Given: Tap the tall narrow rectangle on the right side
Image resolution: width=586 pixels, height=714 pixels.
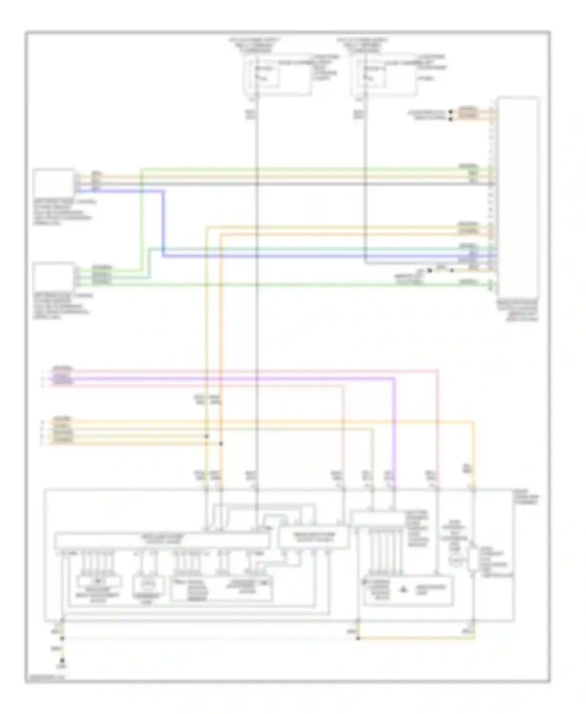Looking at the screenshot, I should [518, 198].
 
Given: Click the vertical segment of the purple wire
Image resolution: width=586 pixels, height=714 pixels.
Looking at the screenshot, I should [395, 430].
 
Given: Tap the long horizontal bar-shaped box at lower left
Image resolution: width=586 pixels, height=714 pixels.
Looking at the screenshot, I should [161, 540].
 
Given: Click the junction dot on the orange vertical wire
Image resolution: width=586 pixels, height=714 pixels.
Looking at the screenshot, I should [221, 444].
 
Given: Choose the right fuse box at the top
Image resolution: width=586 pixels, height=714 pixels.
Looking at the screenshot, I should [384, 74].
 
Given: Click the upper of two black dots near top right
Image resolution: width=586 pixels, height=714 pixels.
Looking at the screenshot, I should [450, 112].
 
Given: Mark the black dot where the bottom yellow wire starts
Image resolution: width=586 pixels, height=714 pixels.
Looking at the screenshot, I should [358, 638].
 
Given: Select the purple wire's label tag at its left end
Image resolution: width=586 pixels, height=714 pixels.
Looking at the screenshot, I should [63, 378].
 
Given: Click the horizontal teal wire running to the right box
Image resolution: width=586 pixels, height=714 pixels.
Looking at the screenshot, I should [320, 248].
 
